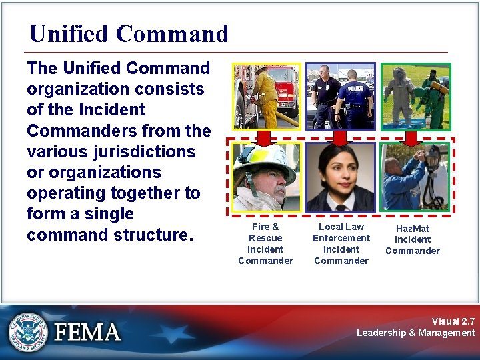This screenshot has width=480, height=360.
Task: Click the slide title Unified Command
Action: coord(129,33)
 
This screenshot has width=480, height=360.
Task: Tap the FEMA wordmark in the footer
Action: coord(87,331)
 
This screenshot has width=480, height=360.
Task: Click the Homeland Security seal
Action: coord(27,331)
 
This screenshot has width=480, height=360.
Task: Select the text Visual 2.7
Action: coord(453,321)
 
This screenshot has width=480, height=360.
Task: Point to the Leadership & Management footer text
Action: coord(416,333)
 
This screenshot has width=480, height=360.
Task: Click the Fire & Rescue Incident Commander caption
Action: coord(265,243)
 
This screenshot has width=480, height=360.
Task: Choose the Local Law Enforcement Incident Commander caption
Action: coord(341,243)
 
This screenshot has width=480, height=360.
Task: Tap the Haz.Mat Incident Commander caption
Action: coord(413,239)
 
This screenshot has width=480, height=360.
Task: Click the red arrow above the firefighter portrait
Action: coord(265,137)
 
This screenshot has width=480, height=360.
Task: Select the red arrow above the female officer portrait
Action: coord(340,137)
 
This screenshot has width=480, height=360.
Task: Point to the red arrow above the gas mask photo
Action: coord(411,137)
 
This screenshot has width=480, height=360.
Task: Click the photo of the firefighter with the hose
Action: coord(266,96)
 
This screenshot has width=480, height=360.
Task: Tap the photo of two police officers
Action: coord(340,96)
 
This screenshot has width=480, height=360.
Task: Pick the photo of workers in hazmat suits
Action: coord(415,96)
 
